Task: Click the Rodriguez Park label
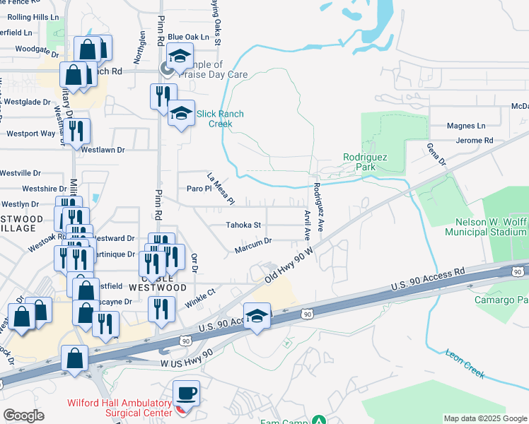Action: coord(363,161)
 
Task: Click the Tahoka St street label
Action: coord(243,225)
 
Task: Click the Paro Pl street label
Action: coord(199,189)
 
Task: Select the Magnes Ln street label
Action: coord(466,126)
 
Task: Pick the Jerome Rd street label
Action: coord(474,141)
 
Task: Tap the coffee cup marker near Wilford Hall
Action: coord(187,393)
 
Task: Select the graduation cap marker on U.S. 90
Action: coord(257,316)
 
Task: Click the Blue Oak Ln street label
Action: coord(189,36)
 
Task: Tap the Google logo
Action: coord(23,416)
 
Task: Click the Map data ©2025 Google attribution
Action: coord(485,418)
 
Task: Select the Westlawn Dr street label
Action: coord(103,150)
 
